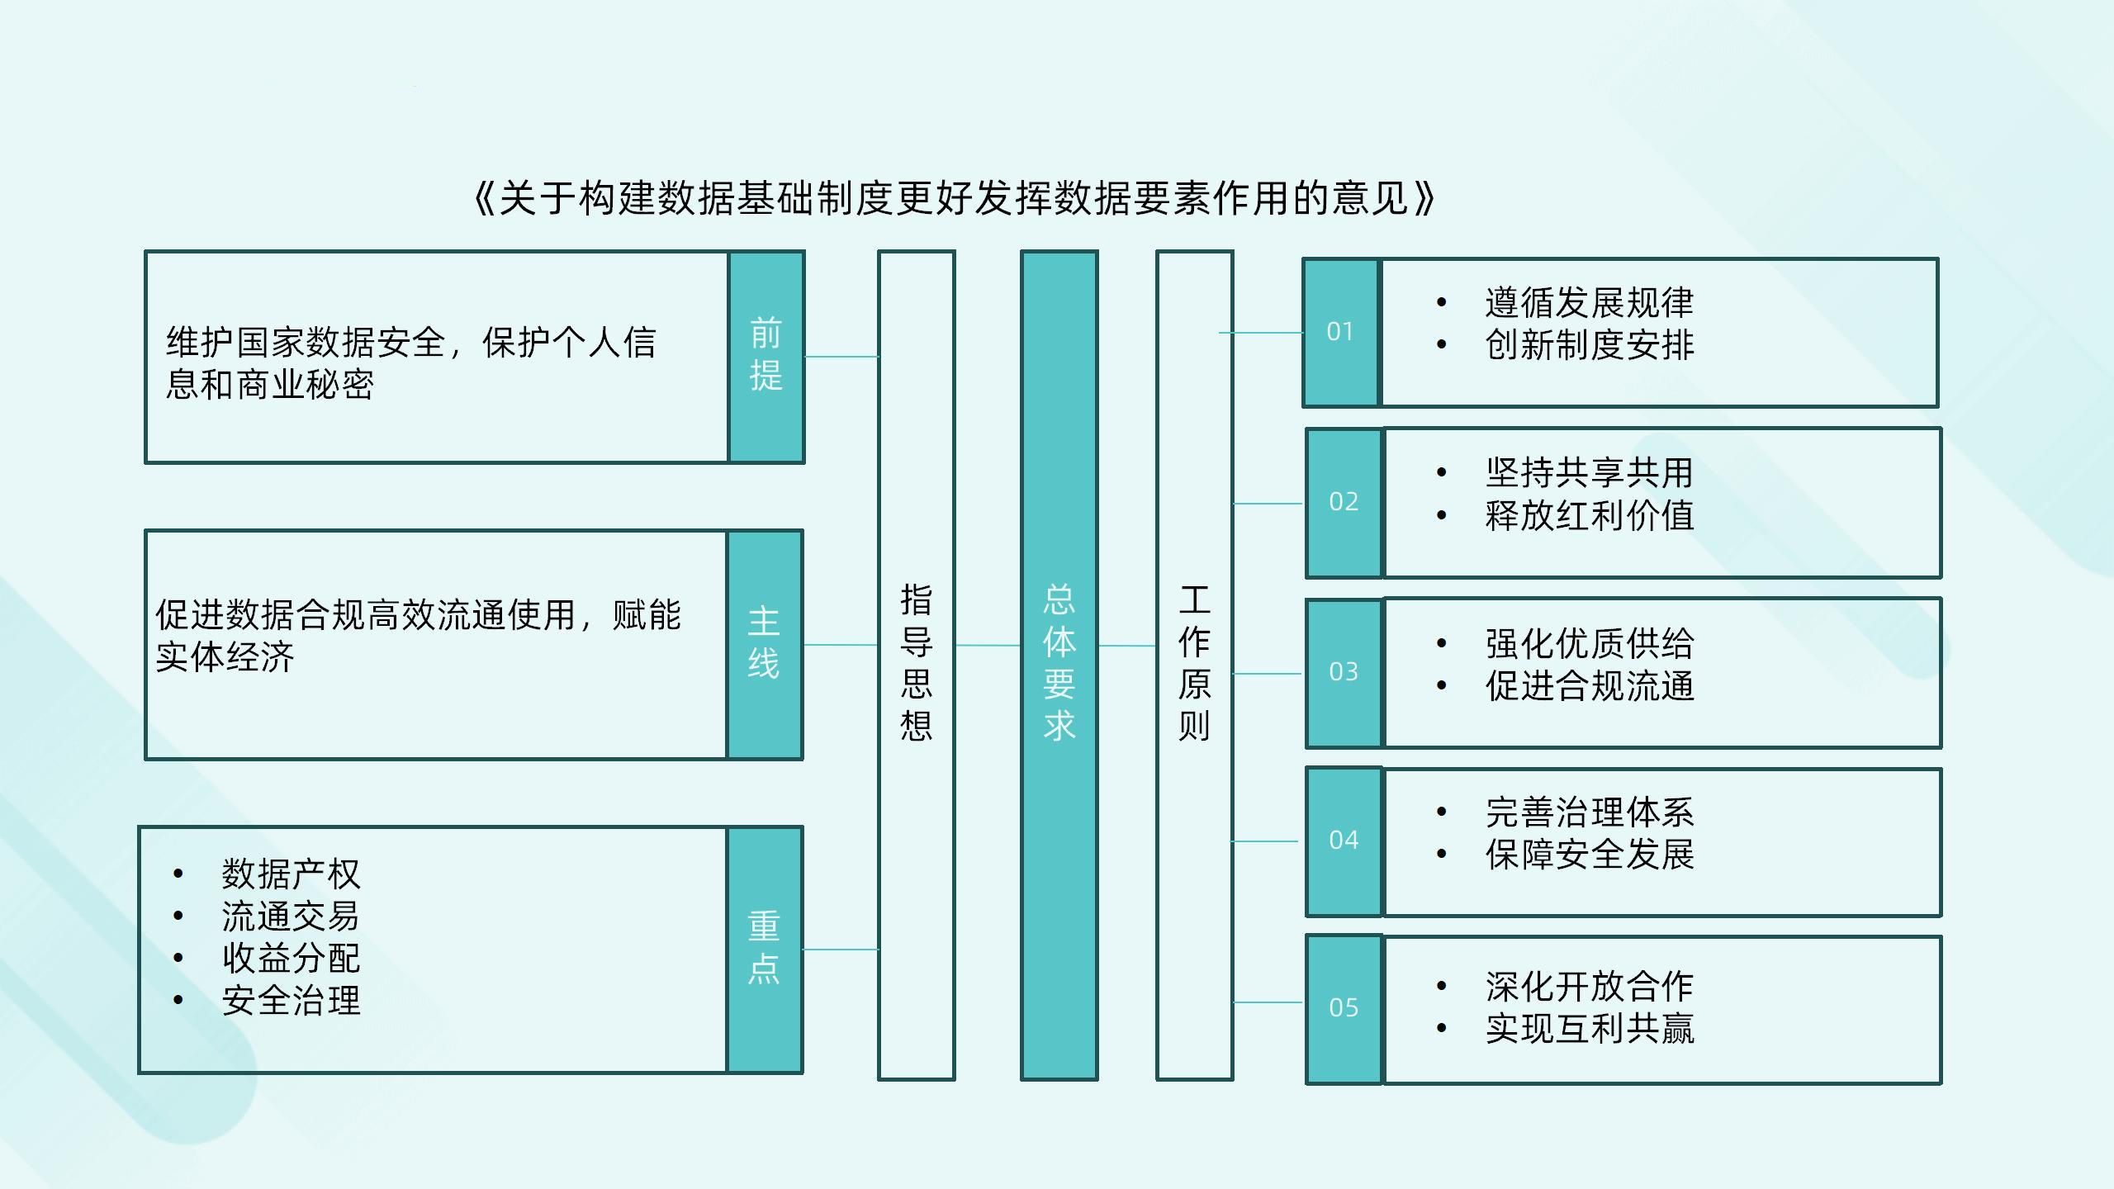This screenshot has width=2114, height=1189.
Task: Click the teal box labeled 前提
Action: point(766,357)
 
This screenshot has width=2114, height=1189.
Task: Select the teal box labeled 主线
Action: point(764,644)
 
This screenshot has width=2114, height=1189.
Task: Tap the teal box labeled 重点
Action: point(764,950)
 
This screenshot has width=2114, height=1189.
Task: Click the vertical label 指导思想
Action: point(916,664)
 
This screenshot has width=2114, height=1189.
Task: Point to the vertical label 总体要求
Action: point(1059,664)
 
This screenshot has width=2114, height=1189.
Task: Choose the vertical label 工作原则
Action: point(1194,664)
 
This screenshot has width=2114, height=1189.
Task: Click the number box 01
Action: point(1340,332)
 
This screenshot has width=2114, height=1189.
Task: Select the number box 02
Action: point(1344,502)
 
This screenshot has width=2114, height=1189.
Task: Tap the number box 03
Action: point(1344,672)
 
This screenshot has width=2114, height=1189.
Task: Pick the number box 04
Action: point(1344,841)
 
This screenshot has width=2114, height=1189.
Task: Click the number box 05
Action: point(1344,1008)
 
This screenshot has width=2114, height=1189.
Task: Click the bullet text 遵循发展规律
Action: point(1589,302)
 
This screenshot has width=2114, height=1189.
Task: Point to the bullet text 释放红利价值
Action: point(1589,516)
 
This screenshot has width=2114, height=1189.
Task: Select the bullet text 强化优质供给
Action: point(1589,643)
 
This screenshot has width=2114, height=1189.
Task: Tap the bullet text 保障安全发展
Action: point(1589,855)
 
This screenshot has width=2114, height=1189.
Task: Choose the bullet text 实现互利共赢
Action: point(1589,1029)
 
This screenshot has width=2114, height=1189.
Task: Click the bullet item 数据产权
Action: point(291,874)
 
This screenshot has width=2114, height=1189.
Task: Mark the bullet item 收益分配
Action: point(291,959)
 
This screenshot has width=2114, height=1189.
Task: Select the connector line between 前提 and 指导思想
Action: point(841,357)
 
